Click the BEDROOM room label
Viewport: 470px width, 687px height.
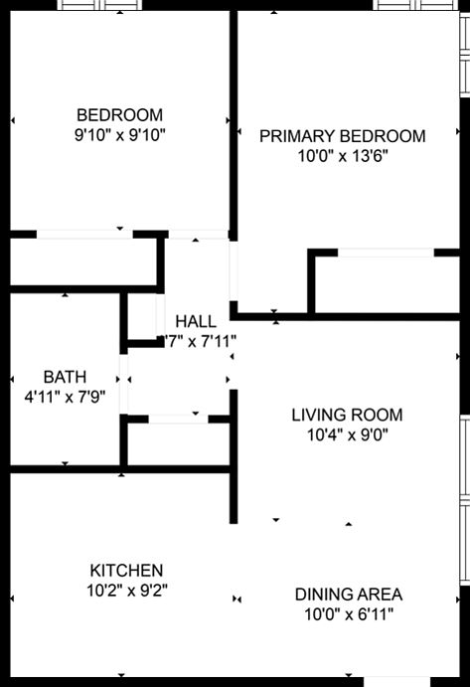pos(119,114)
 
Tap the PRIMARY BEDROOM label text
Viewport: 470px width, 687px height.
pos(342,136)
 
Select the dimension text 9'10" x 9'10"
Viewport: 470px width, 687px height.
pos(119,134)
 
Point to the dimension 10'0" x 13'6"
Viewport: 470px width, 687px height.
pos(342,156)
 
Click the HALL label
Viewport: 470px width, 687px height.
pos(195,321)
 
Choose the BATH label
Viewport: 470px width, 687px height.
pos(65,377)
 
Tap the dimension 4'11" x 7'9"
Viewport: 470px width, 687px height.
pos(65,397)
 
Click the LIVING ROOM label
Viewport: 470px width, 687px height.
pos(347,415)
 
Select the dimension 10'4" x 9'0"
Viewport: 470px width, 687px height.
pos(347,434)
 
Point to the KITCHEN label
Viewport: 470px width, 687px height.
pos(126,571)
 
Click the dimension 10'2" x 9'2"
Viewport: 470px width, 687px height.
pos(126,591)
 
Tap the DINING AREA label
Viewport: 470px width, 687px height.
pos(349,595)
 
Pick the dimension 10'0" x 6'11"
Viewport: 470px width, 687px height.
pos(349,614)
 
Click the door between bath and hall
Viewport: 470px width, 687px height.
pos(124,381)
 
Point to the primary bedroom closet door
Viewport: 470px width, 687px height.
pos(386,254)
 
